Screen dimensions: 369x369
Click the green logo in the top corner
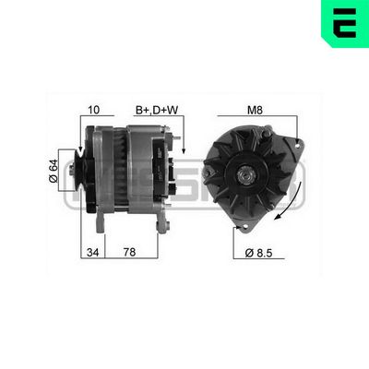click(344, 22)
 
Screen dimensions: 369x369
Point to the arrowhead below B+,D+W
click(184, 149)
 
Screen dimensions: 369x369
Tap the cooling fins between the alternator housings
click(118, 171)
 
